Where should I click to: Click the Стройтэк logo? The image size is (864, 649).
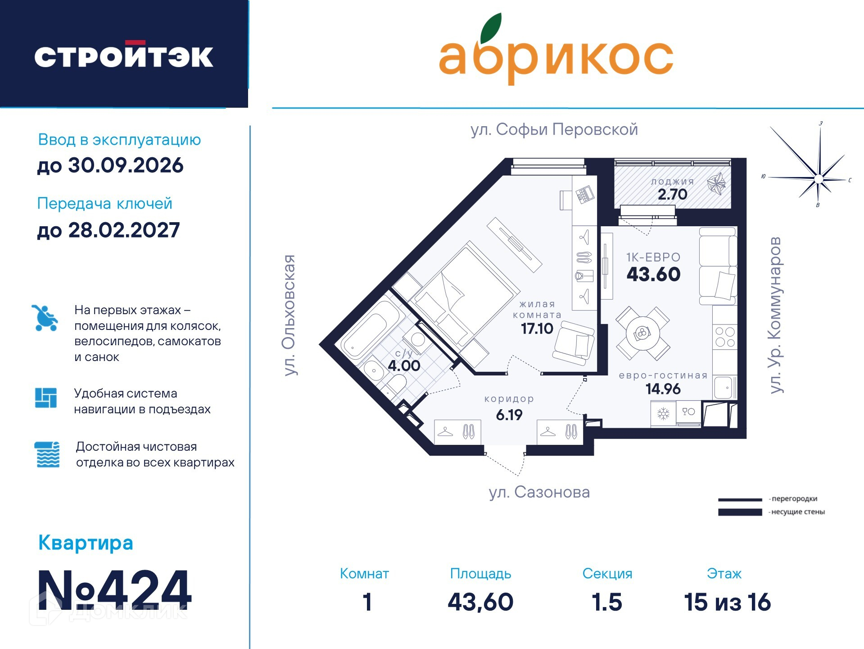pyautogui.click(x=124, y=56)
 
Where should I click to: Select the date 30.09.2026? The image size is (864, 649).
pyautogui.click(x=126, y=165)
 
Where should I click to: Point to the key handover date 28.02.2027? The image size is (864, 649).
pyautogui.click(x=124, y=230)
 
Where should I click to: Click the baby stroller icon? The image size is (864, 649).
pyautogui.click(x=45, y=318)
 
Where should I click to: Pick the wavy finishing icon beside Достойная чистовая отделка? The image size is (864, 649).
pyautogui.click(x=47, y=454)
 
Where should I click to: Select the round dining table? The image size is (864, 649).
pyautogui.click(x=642, y=334)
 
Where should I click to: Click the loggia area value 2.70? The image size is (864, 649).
pyautogui.click(x=672, y=194)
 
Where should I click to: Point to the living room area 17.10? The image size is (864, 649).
pyautogui.click(x=537, y=329)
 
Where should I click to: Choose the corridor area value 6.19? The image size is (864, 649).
pyautogui.click(x=509, y=415)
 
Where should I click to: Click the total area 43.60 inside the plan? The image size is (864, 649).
pyautogui.click(x=653, y=274)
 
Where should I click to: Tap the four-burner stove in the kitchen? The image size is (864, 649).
pyautogui.click(x=725, y=337)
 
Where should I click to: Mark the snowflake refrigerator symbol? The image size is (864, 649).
pyautogui.click(x=663, y=413)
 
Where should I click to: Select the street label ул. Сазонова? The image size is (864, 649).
pyautogui.click(x=539, y=492)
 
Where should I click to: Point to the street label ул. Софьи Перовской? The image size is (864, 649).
pyautogui.click(x=554, y=130)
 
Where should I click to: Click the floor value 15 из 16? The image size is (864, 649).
pyautogui.click(x=728, y=602)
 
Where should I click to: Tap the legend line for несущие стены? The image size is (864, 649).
pyautogui.click(x=740, y=512)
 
